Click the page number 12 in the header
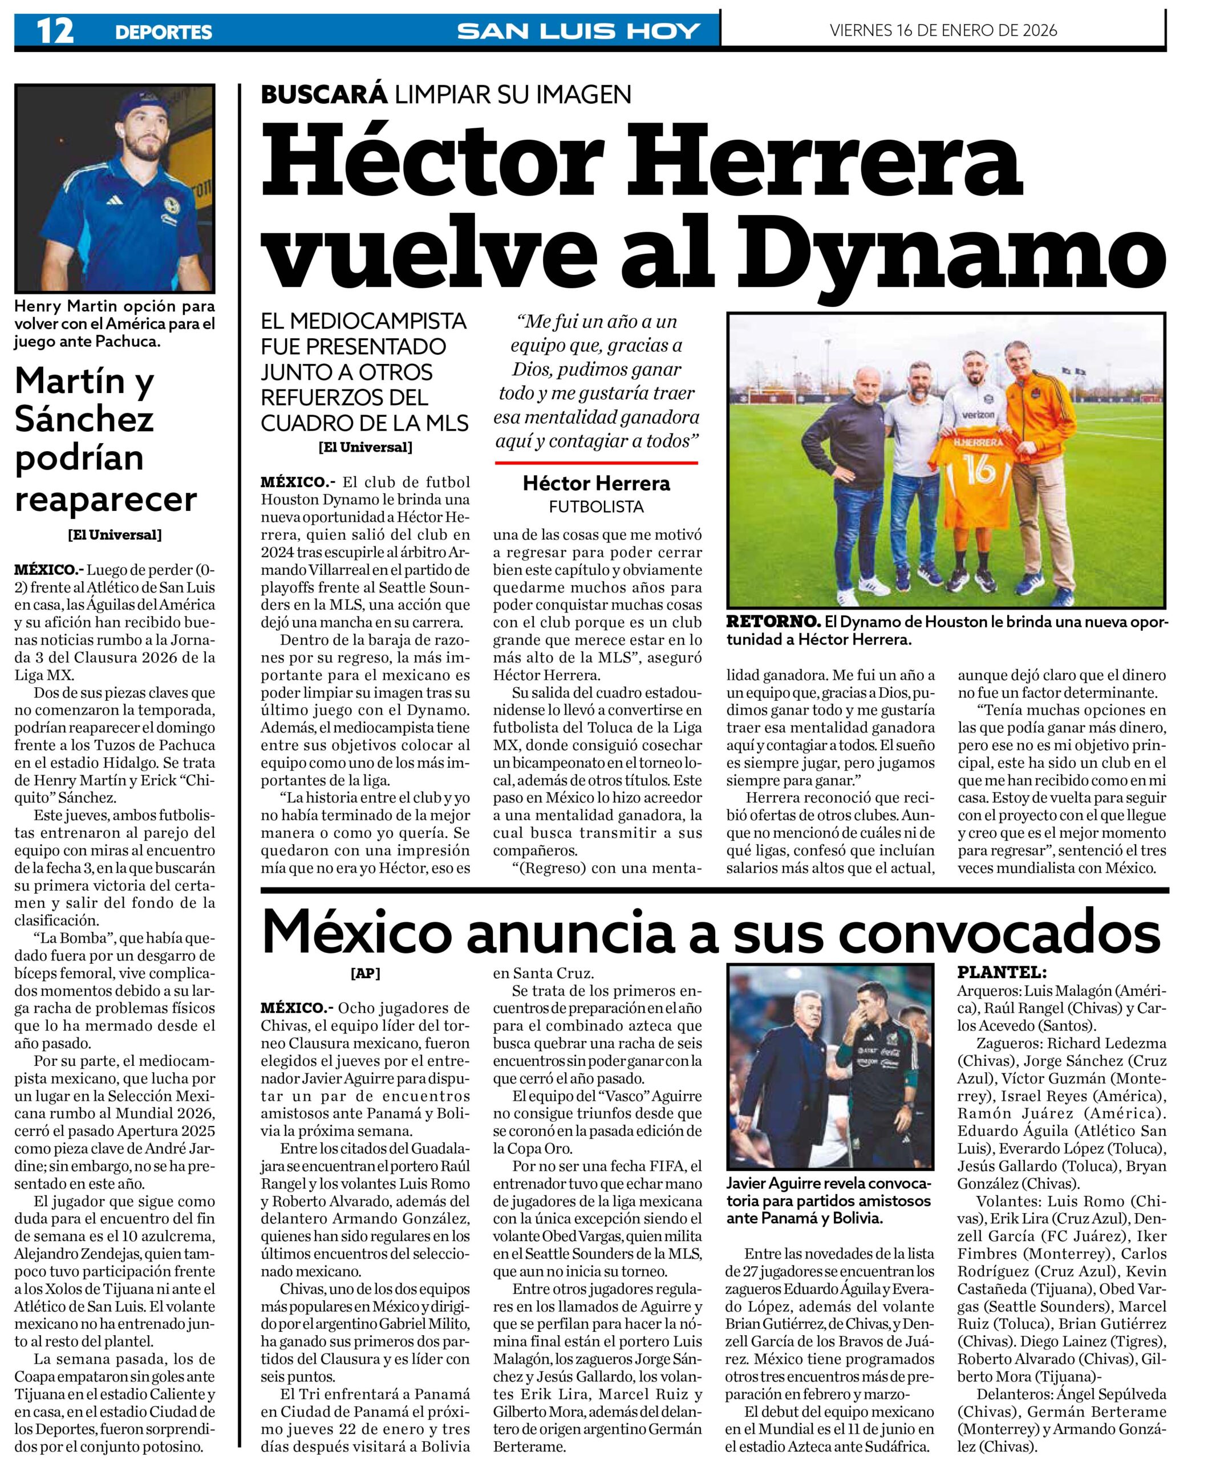(x=55, y=31)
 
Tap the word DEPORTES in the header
(x=164, y=32)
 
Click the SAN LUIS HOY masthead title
(x=578, y=31)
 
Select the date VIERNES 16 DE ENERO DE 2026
(x=943, y=30)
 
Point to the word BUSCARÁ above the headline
(x=323, y=95)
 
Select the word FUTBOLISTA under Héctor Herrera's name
(x=596, y=507)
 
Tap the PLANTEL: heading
(x=1002, y=972)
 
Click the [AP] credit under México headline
(x=366, y=974)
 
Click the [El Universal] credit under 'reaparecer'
(x=115, y=534)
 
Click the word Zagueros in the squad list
(x=1008, y=1043)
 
